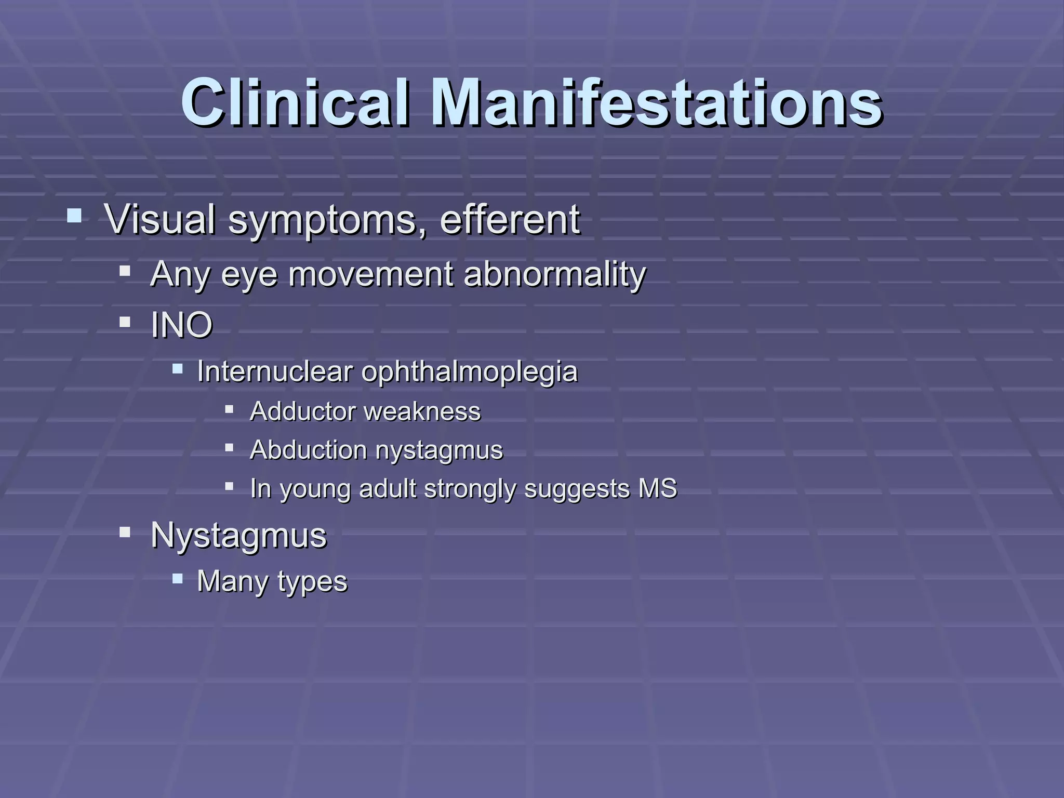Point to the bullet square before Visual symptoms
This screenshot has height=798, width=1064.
(74, 215)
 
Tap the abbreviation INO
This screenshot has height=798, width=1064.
(181, 325)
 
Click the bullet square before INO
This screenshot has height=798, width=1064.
(125, 322)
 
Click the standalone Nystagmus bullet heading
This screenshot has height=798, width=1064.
(238, 535)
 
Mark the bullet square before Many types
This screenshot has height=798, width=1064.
(178, 578)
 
